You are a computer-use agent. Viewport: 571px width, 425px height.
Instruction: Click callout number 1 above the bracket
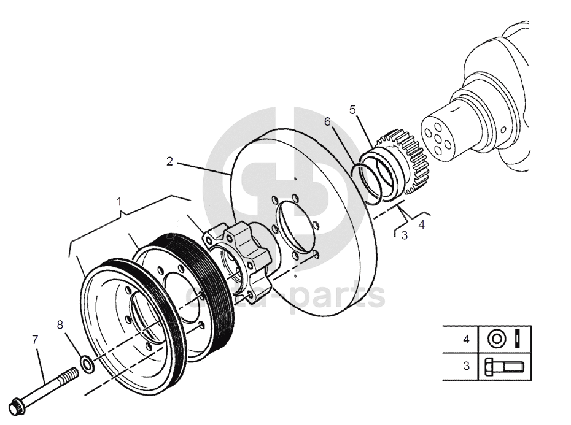[120, 201]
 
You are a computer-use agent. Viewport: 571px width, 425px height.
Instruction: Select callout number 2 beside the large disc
[170, 161]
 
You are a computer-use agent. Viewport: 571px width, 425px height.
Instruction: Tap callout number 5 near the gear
[352, 110]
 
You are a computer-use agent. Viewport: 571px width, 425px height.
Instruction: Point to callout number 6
[327, 122]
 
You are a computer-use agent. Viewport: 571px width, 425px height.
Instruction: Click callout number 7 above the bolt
[35, 339]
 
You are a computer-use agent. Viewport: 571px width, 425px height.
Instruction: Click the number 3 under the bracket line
[404, 235]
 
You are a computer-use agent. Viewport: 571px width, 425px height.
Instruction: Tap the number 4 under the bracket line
[421, 225]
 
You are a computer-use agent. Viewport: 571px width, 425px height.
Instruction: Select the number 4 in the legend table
[466, 338]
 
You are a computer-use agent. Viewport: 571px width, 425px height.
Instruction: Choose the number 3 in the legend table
[466, 366]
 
